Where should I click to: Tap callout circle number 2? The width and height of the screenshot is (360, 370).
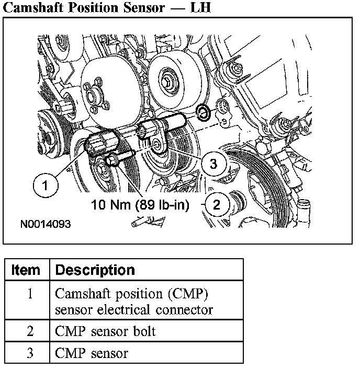pos(216,204)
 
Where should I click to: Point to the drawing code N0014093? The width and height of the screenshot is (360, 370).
pos(46,224)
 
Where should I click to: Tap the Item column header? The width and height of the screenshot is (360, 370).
pos(26,270)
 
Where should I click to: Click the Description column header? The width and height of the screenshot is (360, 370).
pos(95,270)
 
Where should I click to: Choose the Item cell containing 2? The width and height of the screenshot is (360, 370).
pos(30,331)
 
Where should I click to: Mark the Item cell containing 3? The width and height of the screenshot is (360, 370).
pos(30,353)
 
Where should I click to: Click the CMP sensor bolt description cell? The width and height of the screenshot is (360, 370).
pos(105,331)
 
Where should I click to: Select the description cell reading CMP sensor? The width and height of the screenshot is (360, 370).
pos(92,353)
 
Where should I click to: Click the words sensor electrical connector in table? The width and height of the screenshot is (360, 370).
pos(133,309)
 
